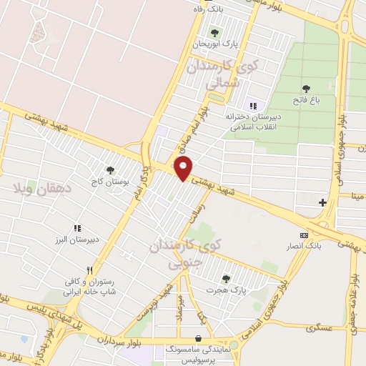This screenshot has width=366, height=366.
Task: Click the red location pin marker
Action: click(184, 169)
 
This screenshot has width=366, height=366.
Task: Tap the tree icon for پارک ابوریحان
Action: click(214, 32)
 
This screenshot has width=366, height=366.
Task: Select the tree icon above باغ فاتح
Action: click(306, 88)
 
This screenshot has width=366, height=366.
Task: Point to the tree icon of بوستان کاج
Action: click(109, 170)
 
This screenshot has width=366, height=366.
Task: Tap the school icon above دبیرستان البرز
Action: click(76, 228)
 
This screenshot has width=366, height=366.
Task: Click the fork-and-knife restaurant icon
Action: click(89, 271)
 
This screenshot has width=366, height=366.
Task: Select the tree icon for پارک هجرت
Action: click(226, 279)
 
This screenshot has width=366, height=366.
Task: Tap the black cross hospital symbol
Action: click(322, 202)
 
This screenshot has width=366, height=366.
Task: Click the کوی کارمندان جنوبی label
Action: click(184, 254)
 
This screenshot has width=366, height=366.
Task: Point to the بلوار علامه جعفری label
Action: click(352, 286)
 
